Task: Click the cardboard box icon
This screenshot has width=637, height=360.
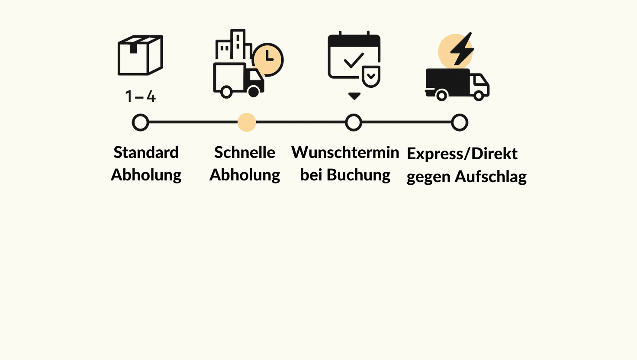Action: click(x=140, y=55)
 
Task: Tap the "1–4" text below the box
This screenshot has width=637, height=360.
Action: click(x=140, y=96)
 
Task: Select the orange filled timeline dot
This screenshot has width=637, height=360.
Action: click(x=247, y=122)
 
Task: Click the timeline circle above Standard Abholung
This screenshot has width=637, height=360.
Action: click(x=140, y=122)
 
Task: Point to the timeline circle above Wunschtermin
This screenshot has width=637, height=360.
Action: click(x=354, y=122)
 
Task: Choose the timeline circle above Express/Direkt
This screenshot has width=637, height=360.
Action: click(x=460, y=122)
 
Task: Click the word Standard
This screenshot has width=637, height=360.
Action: click(x=146, y=152)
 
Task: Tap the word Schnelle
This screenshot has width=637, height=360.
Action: click(x=245, y=152)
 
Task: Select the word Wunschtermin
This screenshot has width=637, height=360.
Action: click(x=345, y=152)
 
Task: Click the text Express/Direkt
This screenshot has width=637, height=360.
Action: click(x=462, y=154)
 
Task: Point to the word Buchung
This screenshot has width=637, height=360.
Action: click(x=358, y=175)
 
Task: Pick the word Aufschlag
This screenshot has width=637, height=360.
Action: click(x=490, y=177)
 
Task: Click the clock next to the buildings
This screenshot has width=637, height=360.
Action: click(x=268, y=59)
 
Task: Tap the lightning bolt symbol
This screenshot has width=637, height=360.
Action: click(x=462, y=48)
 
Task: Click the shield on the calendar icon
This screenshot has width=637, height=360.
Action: click(x=371, y=77)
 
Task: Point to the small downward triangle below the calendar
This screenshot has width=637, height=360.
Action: click(x=354, y=96)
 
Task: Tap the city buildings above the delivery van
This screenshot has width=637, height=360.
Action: click(x=234, y=45)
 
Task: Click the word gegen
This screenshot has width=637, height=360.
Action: click(x=428, y=177)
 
